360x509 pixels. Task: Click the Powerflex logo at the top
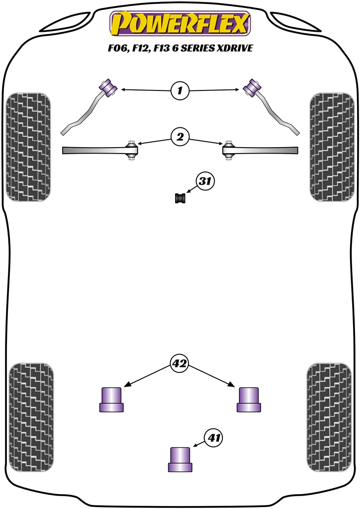pyautogui.click(x=180, y=24)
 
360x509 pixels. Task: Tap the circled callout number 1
pyautogui.click(x=180, y=90)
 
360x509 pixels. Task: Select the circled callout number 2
pyautogui.click(x=180, y=136)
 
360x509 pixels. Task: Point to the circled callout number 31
pyautogui.click(x=205, y=182)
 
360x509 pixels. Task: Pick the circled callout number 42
pyautogui.click(x=180, y=364)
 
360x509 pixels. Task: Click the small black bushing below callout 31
pyautogui.click(x=180, y=198)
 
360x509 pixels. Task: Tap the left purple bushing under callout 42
pyautogui.click(x=111, y=399)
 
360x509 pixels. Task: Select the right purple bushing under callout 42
pyautogui.click(x=249, y=399)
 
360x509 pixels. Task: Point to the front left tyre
pyautogui.click(x=28, y=147)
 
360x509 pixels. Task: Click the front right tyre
pyautogui.click(x=332, y=147)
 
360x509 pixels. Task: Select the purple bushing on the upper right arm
pyautogui.click(x=252, y=86)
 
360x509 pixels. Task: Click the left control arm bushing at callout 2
pyautogui.click(x=132, y=150)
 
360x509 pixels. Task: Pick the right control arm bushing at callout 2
pyautogui.click(x=229, y=150)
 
